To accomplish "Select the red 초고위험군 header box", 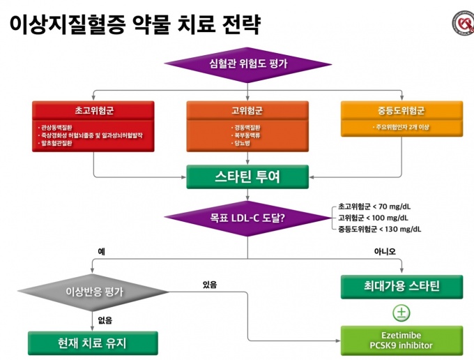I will [93, 111].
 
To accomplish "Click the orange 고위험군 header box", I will [247, 111].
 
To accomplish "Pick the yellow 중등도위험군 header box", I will [402, 111].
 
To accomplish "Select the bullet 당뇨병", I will [242, 143].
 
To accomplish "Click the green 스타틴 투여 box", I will [247, 177].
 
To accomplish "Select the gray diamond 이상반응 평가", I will [93, 292].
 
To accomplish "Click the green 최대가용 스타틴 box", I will [401, 286].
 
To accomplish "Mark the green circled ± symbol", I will [401, 312].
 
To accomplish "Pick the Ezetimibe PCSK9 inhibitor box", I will [401, 340].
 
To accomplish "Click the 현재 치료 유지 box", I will [93, 343].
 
